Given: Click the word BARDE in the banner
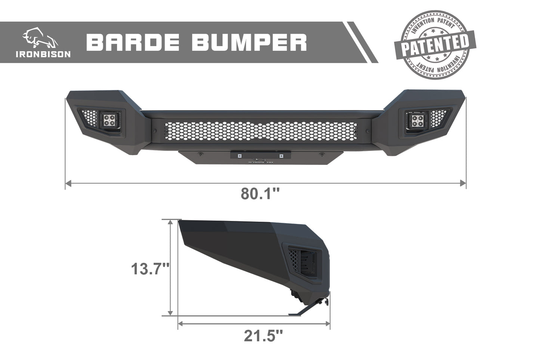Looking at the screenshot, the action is pos(133,43).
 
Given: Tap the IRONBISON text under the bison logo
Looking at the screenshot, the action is pos(43,54).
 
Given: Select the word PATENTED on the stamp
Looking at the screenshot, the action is pos(435,45).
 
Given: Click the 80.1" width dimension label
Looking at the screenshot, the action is pos(260,193).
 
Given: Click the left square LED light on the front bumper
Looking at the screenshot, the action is pos(109,120).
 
